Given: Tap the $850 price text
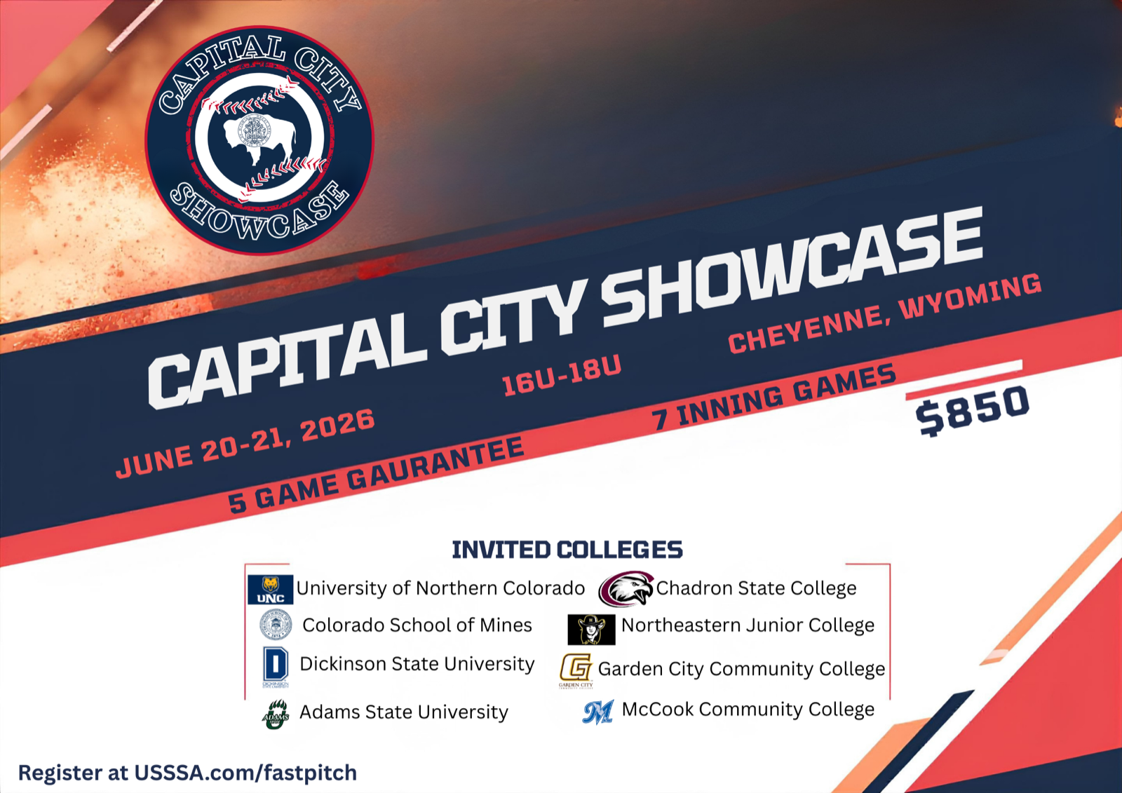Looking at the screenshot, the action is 972,410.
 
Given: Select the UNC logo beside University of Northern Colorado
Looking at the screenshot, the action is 271,590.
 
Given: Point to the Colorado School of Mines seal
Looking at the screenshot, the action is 276,625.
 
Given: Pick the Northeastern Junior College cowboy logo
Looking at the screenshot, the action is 591,629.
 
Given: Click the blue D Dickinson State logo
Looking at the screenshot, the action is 276,666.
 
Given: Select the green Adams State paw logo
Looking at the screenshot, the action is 276,714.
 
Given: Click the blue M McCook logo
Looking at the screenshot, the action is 598,712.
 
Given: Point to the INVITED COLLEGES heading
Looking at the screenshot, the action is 567,550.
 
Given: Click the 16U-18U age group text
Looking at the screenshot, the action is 562,375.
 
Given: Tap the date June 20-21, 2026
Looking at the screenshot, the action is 245,443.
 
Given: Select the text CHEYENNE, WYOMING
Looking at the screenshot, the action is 885,313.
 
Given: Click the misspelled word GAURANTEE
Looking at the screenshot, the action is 435,464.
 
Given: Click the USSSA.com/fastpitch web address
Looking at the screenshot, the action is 245,773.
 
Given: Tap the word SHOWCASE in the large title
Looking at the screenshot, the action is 792,273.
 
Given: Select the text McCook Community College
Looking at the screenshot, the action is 748,710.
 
